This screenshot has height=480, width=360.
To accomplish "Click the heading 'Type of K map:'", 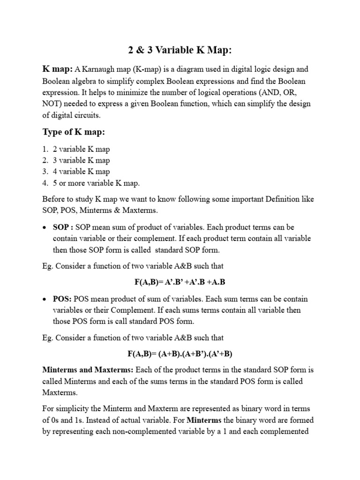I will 74,132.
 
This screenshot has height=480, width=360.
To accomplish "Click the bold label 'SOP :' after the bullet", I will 63,227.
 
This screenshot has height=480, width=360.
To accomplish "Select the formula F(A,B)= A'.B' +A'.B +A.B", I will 180,282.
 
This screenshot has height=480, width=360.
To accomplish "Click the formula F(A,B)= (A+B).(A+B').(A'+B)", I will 180,354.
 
